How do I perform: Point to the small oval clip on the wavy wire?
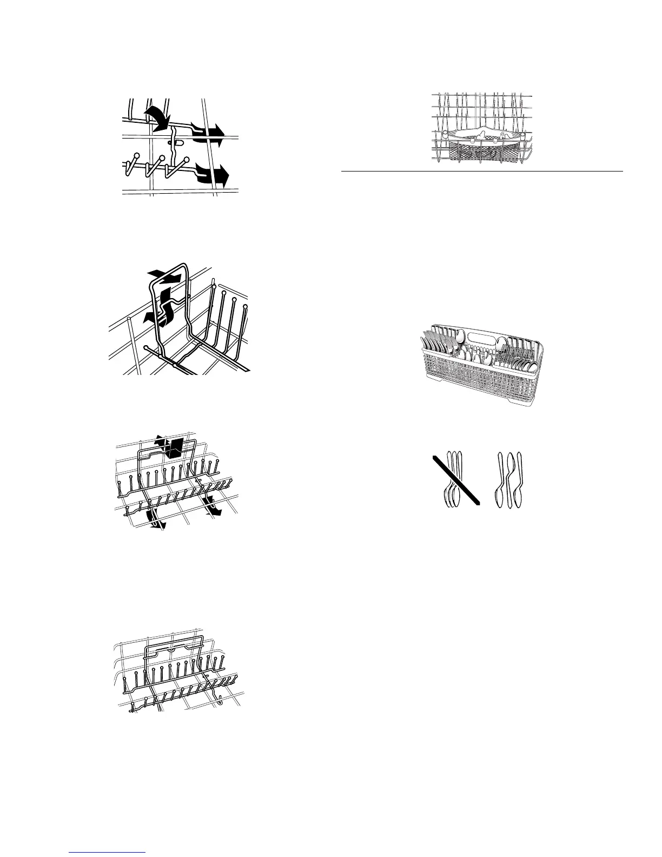point(173,143)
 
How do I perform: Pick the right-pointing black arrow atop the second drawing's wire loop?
point(171,278)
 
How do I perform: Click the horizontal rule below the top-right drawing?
point(481,172)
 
